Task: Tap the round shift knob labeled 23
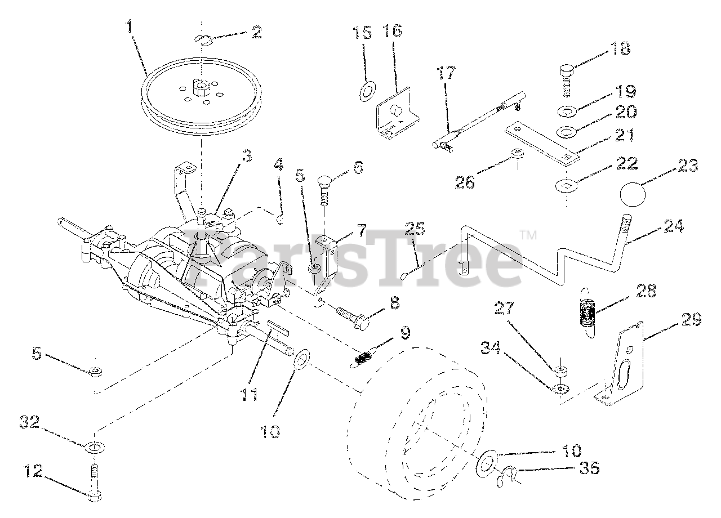tap(635, 195)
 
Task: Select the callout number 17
tap(446, 73)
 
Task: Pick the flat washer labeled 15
tap(368, 89)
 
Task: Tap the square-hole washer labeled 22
tap(565, 185)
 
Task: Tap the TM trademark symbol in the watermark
tap(527, 233)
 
